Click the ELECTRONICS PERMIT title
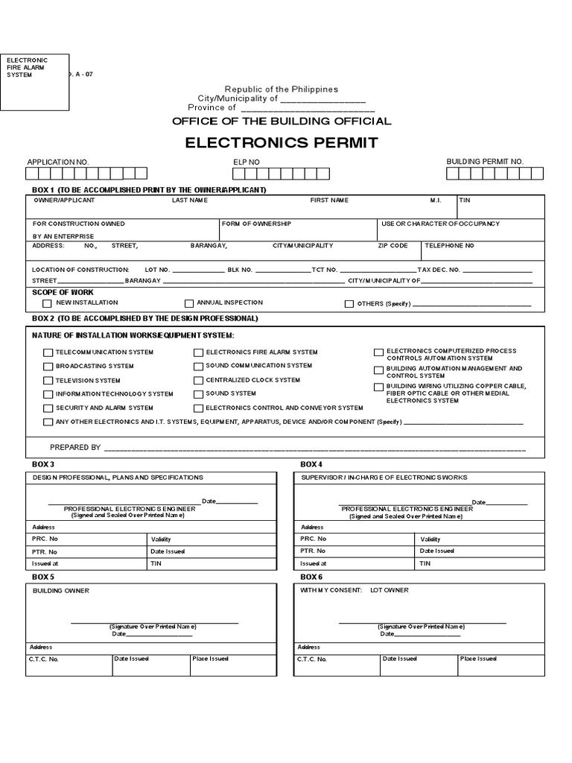coord(282,142)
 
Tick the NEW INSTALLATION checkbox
coord(48,303)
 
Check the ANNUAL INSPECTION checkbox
coord(189,303)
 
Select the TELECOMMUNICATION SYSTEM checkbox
coord(48,352)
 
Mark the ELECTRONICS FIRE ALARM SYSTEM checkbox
coord(199,352)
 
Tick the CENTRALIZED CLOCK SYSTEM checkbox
coord(199,380)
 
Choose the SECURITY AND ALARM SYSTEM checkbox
coord(48,408)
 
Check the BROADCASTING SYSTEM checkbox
coord(48,367)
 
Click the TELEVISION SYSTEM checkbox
coord(48,381)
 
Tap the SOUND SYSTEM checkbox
coord(199,394)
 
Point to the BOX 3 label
coord(43,464)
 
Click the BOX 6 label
coord(311,577)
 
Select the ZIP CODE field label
coord(393,245)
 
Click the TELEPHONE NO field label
coord(449,245)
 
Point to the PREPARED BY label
coord(74,447)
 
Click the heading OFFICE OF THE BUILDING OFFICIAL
coord(282,121)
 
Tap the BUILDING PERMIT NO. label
coord(485,161)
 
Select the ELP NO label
coord(247,161)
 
